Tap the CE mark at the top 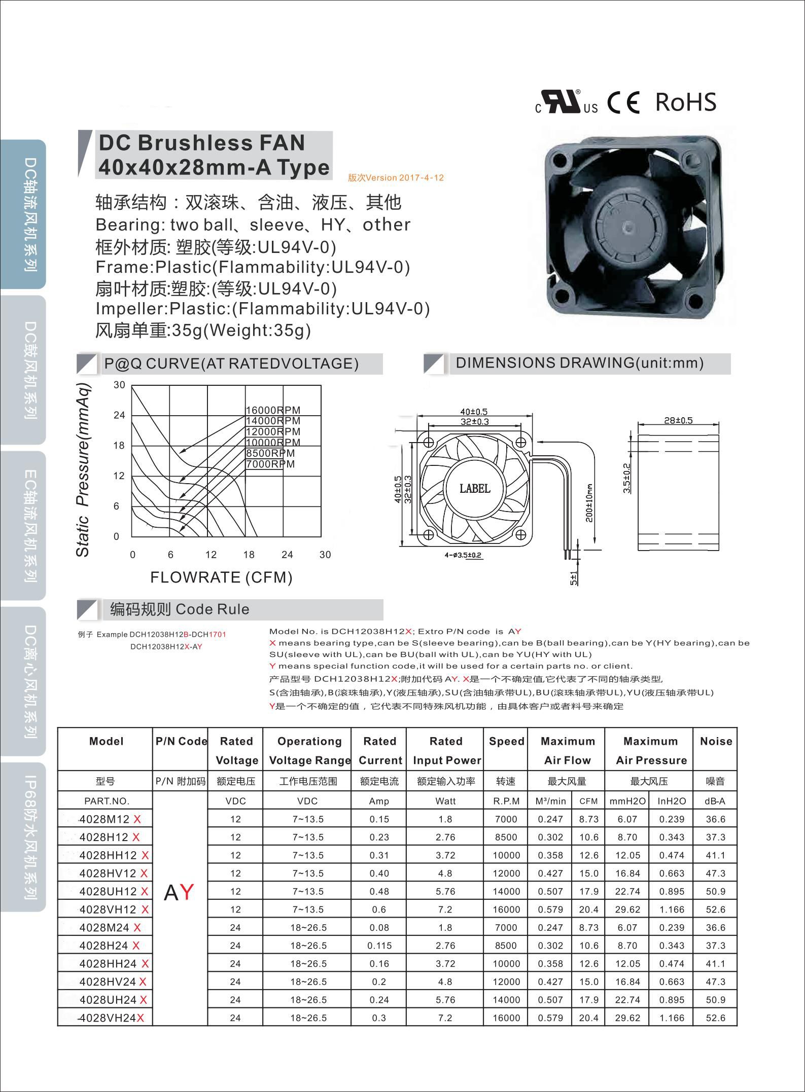[624, 102]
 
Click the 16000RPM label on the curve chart [273, 410]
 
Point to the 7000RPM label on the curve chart [270, 464]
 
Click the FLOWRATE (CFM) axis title [221, 577]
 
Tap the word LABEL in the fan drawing [475, 488]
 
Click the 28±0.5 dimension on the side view [678, 420]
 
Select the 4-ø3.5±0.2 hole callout [463, 556]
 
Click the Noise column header [716, 741]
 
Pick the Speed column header [506, 741]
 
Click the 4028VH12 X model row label [114, 909]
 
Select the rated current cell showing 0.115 [379, 945]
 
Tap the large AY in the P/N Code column [179, 892]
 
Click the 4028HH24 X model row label [114, 964]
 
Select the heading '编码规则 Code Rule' [180, 609]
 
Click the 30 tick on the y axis [119, 385]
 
